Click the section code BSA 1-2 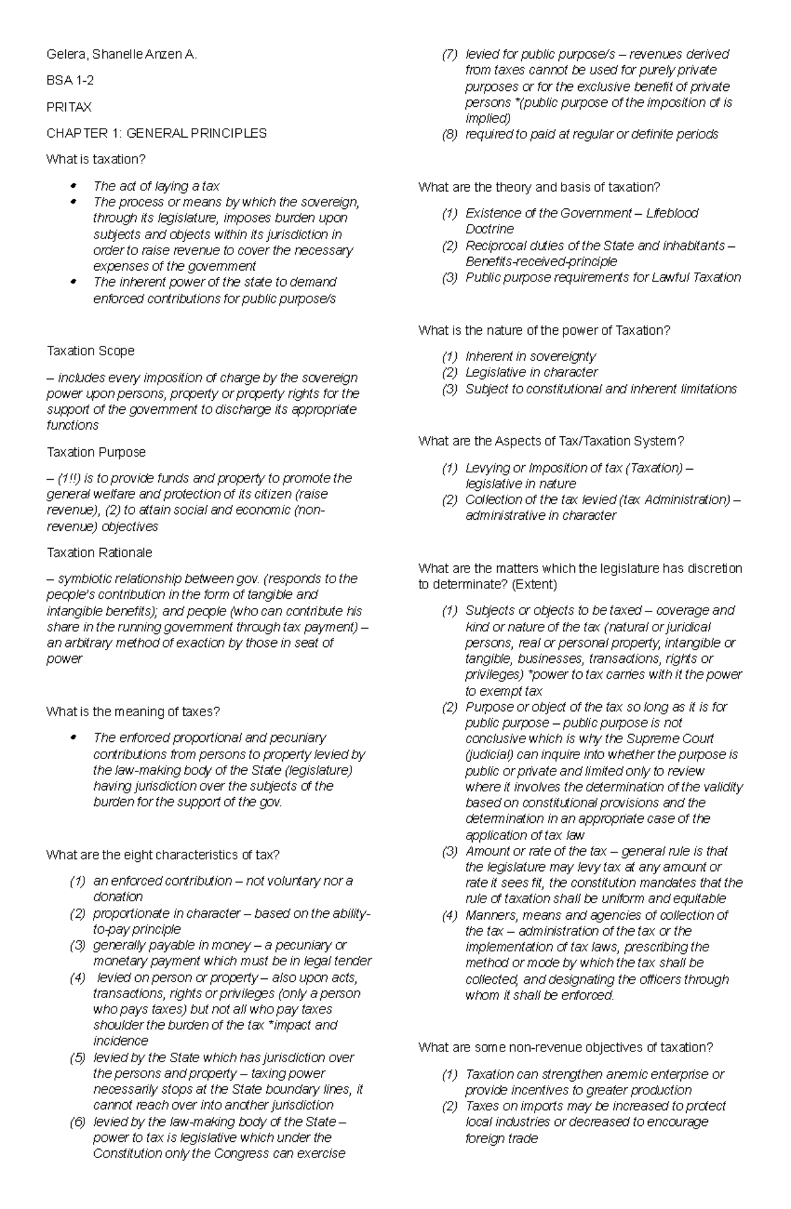coord(65,81)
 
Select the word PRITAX coord(69,107)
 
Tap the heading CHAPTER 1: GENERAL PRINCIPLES coord(156,133)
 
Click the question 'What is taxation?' coord(95,159)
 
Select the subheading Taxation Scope coord(90,351)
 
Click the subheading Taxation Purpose coord(96,452)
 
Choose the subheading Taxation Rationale coord(99,552)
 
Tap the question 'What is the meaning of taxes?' coord(132,712)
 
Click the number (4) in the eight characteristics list coord(77,978)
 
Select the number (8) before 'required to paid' coord(449,134)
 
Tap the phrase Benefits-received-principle coord(541,262)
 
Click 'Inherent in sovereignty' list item coord(530,356)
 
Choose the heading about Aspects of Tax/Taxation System coord(551,441)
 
